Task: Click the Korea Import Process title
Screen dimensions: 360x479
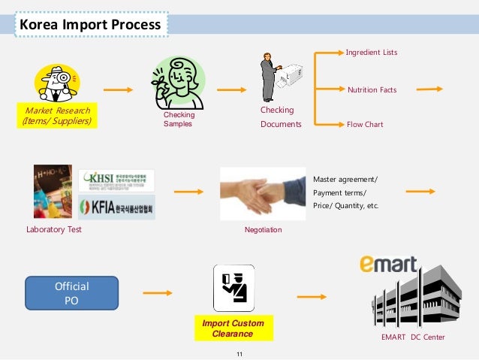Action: (90, 25)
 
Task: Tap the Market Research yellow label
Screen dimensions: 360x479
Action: (58, 116)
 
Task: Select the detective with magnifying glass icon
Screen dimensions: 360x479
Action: (57, 83)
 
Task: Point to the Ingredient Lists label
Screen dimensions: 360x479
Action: (371, 53)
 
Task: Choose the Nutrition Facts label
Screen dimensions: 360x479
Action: (372, 90)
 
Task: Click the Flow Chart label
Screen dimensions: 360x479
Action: (365, 124)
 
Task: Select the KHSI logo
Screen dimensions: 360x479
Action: (116, 180)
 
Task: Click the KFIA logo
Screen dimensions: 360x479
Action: (116, 207)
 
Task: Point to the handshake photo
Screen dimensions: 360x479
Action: (263, 193)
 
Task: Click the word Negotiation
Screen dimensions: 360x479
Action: (264, 229)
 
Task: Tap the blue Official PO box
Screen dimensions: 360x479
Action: (72, 292)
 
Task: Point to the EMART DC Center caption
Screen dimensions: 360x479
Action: (413, 337)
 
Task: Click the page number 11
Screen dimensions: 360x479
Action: (239, 352)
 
